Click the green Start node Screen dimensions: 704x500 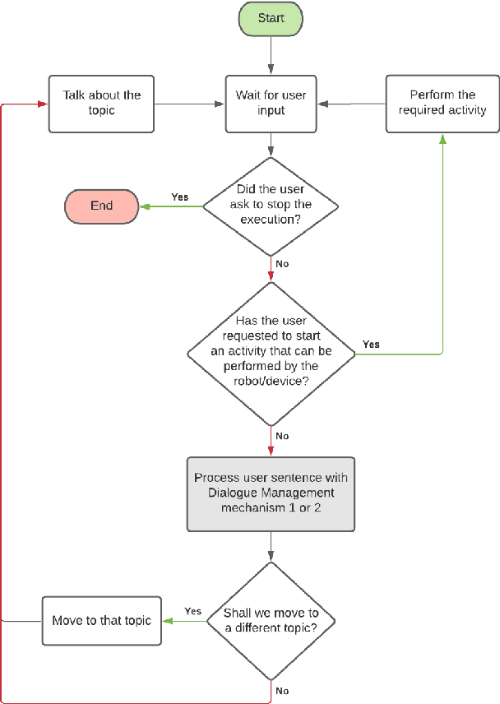coord(271,18)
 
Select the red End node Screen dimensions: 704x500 coord(101,206)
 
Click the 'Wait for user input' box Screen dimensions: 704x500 coord(271,103)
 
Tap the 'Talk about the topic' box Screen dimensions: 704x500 coord(101,103)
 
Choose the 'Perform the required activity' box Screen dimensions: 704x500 coord(442,103)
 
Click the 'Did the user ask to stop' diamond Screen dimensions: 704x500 coord(271,206)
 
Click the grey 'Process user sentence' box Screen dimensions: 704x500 coord(271,493)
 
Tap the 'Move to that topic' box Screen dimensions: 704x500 coord(101,620)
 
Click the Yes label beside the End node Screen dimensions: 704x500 coord(179,197)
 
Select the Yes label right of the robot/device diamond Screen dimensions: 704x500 coord(371,344)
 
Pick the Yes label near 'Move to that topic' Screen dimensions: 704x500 coord(193,611)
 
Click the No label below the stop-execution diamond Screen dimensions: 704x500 coord(282,265)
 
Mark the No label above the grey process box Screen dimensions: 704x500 coord(282,436)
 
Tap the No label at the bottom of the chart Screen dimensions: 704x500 coord(282,691)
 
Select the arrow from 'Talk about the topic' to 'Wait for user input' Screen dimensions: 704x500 coord(189,104)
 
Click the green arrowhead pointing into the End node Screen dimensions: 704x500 coord(143,206)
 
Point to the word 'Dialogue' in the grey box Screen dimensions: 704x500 coord(225,493)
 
